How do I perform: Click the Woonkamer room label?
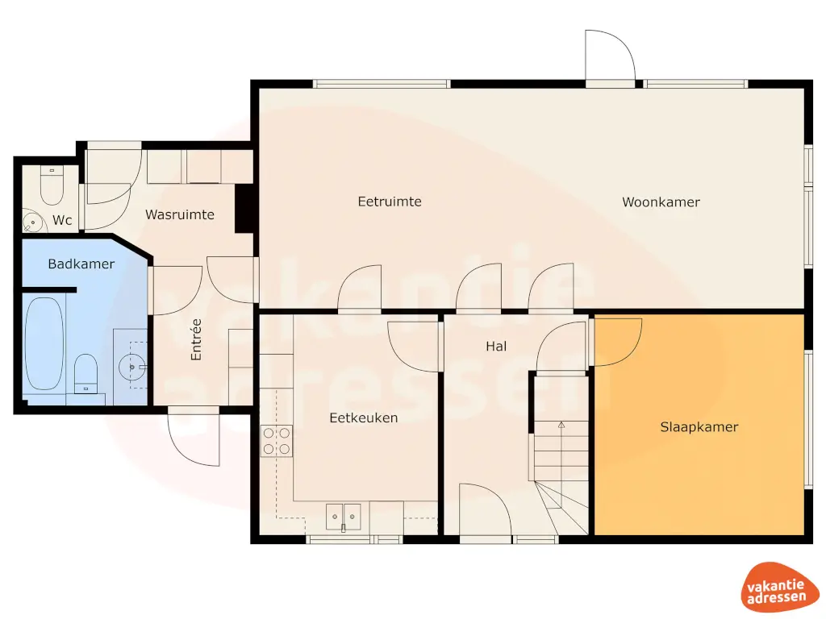tap(661, 202)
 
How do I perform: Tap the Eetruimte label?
tap(390, 201)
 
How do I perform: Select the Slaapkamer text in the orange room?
tap(699, 427)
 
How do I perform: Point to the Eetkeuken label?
tap(363, 418)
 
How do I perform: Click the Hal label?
tap(496, 347)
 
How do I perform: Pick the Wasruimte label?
tap(179, 214)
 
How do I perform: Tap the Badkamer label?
tap(81, 264)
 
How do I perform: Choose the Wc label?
tap(63, 220)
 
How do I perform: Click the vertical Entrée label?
tap(195, 339)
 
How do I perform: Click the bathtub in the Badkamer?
tap(44, 343)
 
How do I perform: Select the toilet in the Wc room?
tap(52, 185)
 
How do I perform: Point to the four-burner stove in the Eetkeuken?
tap(277, 442)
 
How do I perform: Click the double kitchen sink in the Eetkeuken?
tap(344, 514)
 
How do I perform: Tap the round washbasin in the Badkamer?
tap(131, 368)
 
